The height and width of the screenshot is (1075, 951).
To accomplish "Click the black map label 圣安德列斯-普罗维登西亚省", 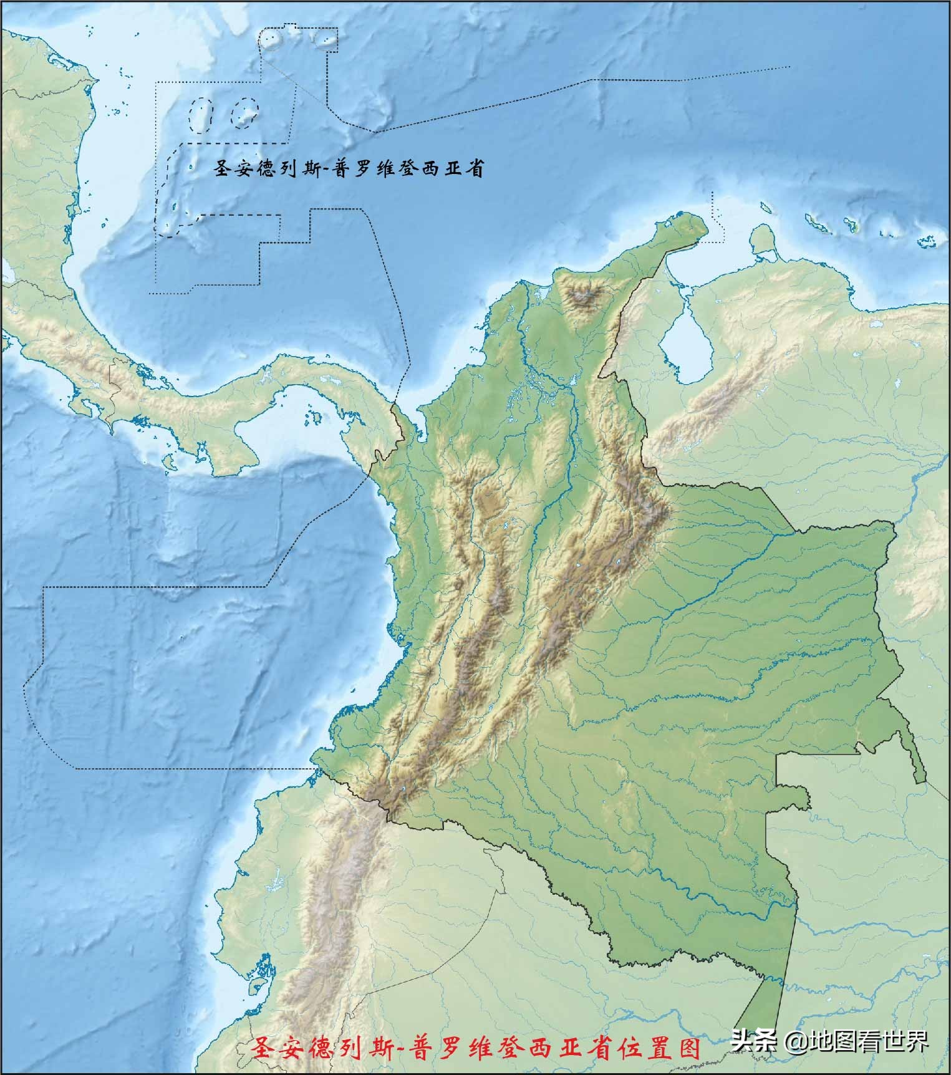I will pos(349,168).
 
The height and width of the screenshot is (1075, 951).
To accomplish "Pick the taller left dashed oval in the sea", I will pos(201,115).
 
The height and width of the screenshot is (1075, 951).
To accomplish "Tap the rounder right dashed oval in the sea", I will pos(244,112).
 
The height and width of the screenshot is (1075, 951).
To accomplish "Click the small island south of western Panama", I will pos(167,463).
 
